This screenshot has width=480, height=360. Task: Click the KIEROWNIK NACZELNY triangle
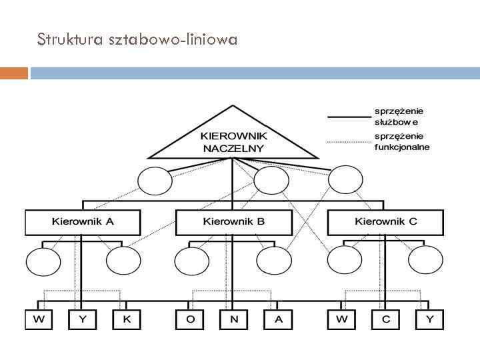coord(232,139)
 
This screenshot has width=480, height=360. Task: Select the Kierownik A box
coord(83,222)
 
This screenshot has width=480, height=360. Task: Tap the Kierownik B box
coord(234,222)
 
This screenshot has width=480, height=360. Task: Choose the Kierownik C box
coord(385,222)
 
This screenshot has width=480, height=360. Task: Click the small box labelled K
coord(127,319)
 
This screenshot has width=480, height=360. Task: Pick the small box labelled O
coord(191,319)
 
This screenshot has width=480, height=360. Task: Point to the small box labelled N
coord(234,319)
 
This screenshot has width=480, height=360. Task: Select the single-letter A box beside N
coord(278,319)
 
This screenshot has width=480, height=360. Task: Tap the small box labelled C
coord(385,319)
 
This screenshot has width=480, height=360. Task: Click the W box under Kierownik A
coord(40,319)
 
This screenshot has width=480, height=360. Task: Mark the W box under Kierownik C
coord(341,319)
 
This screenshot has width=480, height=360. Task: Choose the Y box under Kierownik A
coord(83,319)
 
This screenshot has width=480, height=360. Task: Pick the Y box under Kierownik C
coord(429,319)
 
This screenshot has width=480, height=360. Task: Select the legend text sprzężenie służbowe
coord(399,117)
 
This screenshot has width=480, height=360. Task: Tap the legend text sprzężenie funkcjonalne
coord(401,141)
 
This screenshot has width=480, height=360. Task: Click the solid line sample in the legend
coord(347,117)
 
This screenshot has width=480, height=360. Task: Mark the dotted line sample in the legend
coord(347,141)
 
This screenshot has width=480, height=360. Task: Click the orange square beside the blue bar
coord(14,73)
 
